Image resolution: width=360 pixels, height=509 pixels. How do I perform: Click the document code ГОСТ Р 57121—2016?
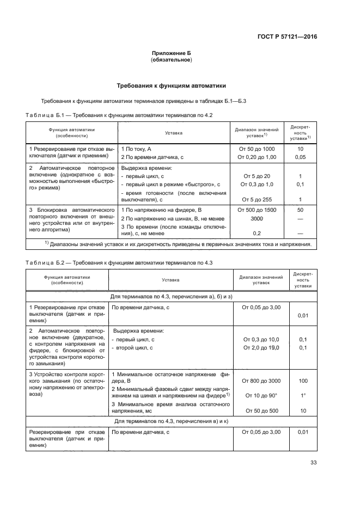coord(287,37)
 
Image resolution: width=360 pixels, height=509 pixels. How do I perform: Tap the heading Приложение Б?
coord(172,52)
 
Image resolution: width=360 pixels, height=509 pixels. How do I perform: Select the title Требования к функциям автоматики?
coord(172,86)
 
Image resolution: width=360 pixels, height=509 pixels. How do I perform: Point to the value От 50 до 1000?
coord(257,148)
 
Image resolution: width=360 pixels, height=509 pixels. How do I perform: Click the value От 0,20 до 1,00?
coord(257,157)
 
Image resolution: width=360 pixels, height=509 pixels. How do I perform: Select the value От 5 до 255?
coord(257,199)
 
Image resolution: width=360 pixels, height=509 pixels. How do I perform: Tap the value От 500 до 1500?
coord(257,210)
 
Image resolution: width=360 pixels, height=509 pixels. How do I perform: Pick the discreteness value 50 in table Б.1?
coord(300,210)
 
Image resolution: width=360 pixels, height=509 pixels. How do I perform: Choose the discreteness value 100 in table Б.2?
coord(303,381)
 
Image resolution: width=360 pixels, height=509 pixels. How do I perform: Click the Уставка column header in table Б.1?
coord(173,133)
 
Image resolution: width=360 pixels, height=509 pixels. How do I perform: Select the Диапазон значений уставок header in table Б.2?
coord(261,280)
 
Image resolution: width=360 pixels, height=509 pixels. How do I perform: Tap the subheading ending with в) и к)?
coord(172,421)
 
